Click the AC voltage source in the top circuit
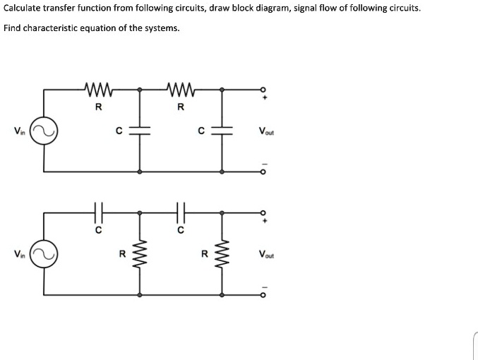pos(44,130)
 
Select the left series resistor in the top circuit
pos(98,90)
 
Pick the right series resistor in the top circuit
pos(181,90)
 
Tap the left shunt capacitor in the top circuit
pos(139,130)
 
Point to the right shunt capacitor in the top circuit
pos(222,130)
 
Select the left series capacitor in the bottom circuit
pos(98,210)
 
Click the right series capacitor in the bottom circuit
pos(181,210)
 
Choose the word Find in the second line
pos(12,28)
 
